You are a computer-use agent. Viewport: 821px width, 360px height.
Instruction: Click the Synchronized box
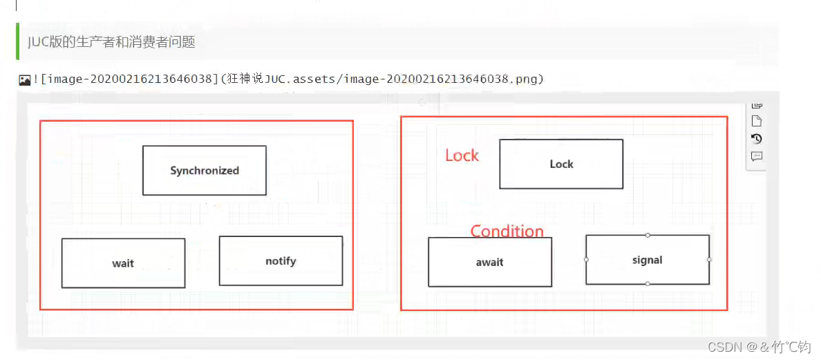(x=204, y=170)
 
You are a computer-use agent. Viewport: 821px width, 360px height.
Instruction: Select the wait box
(x=123, y=263)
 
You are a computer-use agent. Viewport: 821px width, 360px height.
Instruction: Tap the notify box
(x=281, y=260)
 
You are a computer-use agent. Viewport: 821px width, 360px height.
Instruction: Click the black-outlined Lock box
(x=561, y=164)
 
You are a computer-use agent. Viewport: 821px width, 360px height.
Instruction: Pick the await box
(x=489, y=262)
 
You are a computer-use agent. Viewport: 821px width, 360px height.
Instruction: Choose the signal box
(x=647, y=260)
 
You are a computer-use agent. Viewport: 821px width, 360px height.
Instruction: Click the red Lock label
(x=462, y=155)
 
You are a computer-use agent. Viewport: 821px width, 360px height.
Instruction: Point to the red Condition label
(x=507, y=231)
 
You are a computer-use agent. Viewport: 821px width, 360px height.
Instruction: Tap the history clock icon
(x=757, y=138)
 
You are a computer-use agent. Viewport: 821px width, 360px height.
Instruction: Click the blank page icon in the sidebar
(x=757, y=121)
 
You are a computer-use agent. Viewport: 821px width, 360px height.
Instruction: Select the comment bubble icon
(x=757, y=156)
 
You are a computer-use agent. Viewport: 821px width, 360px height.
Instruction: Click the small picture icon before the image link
(x=24, y=80)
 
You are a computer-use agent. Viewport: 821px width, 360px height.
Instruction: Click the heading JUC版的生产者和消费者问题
(x=111, y=42)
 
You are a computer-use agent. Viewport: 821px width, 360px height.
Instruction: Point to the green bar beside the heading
(x=17, y=41)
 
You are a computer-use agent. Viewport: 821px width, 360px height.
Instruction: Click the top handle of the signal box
(x=648, y=235)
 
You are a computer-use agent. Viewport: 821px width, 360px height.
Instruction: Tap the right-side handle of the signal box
(x=709, y=260)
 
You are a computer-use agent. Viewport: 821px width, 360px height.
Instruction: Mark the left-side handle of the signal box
(x=586, y=260)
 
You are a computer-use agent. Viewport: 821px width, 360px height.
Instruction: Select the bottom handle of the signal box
(x=648, y=284)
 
